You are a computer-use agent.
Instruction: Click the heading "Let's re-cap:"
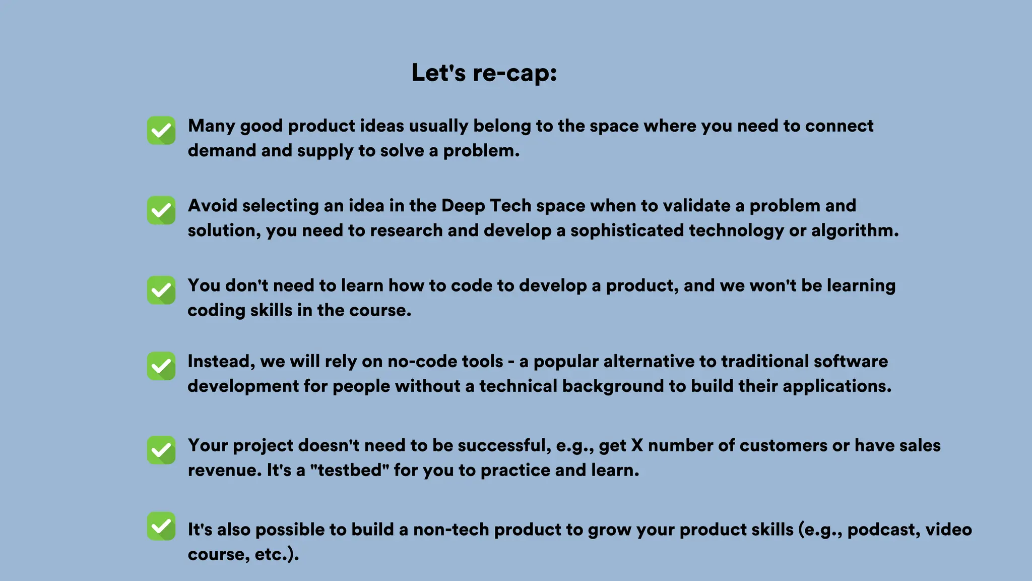click(484, 73)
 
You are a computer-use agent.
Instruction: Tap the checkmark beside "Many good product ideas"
click(161, 131)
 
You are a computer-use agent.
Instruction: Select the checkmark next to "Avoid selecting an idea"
click(161, 210)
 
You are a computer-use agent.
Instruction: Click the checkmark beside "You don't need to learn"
click(161, 290)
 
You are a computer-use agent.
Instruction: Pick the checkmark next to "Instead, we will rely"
click(161, 366)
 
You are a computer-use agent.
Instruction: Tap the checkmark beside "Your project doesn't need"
click(161, 450)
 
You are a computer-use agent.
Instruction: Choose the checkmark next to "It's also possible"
click(161, 526)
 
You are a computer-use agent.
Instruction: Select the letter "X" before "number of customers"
click(637, 446)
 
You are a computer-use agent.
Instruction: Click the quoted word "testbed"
click(349, 471)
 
